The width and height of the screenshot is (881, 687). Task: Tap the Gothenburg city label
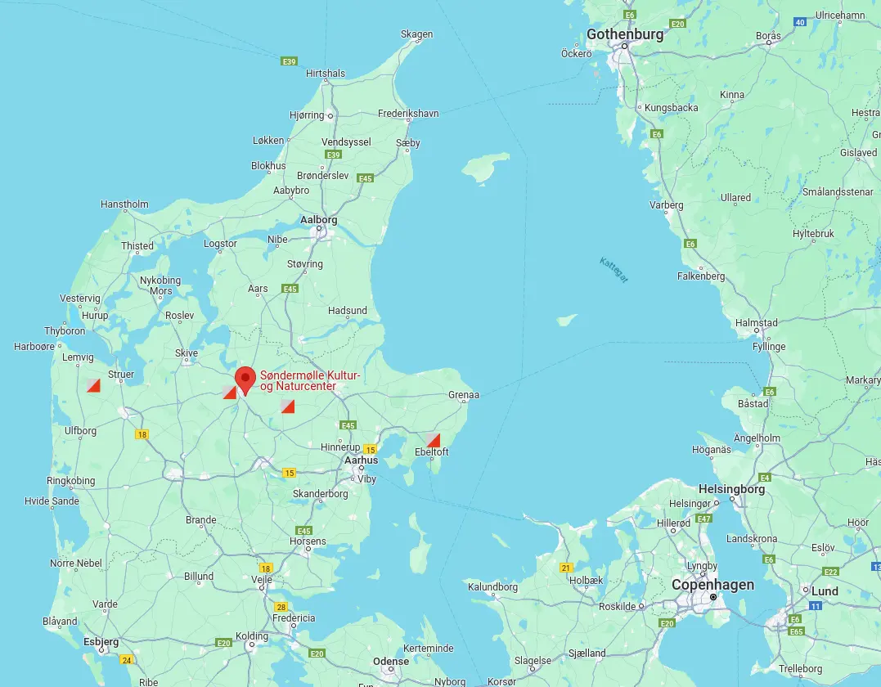625,34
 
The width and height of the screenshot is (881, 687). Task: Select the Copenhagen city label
712,585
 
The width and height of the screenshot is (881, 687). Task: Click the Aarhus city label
361,460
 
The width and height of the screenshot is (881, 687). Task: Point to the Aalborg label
319,220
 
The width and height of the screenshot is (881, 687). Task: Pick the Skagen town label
416,34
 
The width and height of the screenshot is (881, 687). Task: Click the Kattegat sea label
614,271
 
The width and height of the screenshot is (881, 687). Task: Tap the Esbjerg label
101,642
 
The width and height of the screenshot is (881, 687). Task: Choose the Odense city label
390,661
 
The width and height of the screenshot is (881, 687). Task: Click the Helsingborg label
731,489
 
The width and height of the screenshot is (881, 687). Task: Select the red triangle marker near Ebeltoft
434,440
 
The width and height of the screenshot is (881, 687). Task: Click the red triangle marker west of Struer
93,385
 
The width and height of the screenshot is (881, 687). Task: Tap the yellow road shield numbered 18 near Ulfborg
142,434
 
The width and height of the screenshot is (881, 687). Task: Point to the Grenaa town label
463,395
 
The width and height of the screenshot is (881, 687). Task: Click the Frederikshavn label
408,114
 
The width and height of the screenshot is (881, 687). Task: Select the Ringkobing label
71,481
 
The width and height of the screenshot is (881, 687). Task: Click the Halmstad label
756,323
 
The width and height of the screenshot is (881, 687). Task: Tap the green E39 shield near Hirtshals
288,61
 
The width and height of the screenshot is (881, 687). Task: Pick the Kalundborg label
492,586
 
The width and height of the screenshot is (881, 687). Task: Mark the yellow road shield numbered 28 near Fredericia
281,607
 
